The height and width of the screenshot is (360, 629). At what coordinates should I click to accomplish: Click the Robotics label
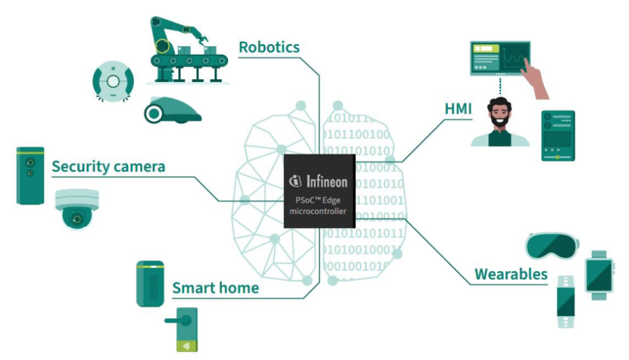point(269,47)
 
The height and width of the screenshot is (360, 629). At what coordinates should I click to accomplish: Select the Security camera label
point(108,166)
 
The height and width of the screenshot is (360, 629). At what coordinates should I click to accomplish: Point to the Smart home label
point(215,288)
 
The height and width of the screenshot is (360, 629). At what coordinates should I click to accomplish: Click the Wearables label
point(511,274)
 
